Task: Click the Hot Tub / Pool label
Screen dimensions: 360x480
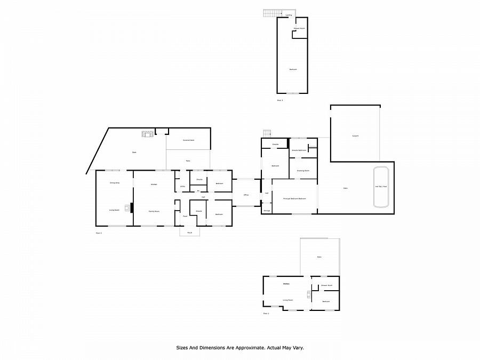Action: tap(381, 187)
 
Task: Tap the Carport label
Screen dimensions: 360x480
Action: tap(355, 136)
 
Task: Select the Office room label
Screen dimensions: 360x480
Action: tap(246, 195)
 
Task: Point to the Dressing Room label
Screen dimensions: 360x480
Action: tap(303, 171)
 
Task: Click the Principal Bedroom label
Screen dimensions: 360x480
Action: tap(294, 198)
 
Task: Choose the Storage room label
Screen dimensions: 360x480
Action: tap(266, 211)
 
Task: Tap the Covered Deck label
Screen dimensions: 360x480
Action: tap(188, 140)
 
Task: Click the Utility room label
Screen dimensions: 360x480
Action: tap(182, 187)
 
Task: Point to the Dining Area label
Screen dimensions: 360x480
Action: tap(114, 183)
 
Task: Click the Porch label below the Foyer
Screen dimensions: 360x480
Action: tap(189, 233)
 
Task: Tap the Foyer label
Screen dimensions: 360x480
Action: tap(185, 216)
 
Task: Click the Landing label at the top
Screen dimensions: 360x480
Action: tap(289, 15)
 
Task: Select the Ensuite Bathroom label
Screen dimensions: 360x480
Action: tap(299, 151)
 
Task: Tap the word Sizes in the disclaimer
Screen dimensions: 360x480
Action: tap(182, 347)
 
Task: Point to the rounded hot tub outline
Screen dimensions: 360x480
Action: tap(381, 187)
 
